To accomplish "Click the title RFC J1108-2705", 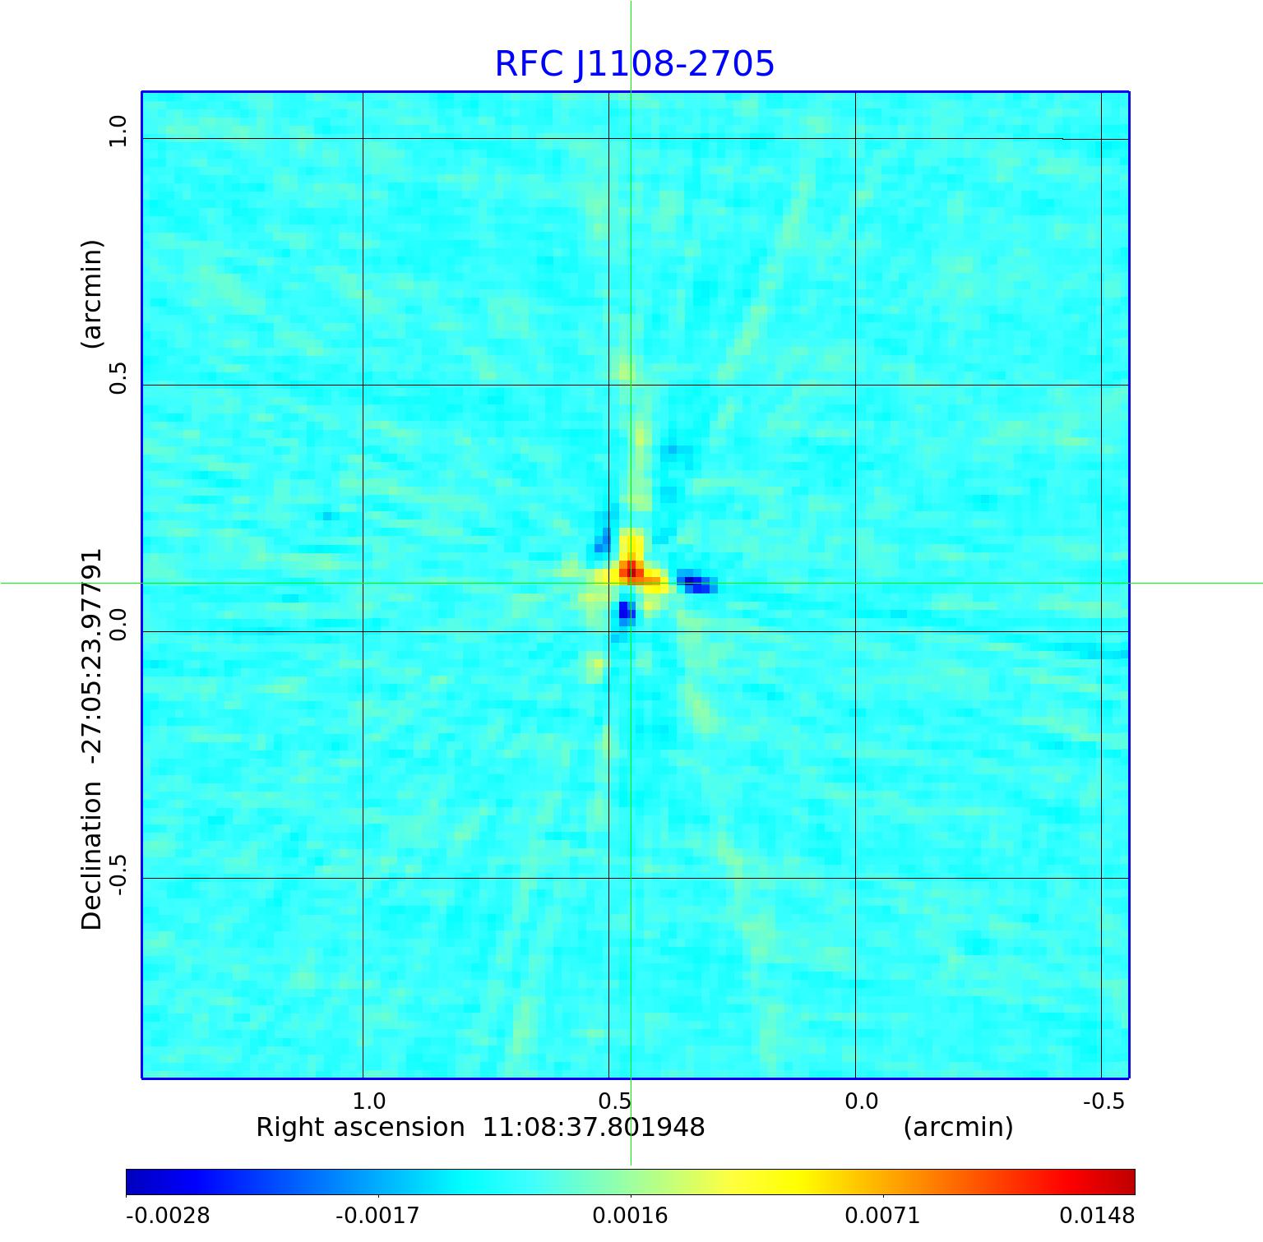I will (x=634, y=64).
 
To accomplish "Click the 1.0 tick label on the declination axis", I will (x=118, y=132).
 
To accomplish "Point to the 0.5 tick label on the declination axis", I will (x=118, y=377).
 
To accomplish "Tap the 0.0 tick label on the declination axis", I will (x=118, y=625).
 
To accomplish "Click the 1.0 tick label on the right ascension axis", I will (x=368, y=1101).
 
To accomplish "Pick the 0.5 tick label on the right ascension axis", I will (x=614, y=1101).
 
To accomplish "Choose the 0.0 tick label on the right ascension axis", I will (x=861, y=1101).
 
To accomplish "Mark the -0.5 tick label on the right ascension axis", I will (x=1103, y=1101).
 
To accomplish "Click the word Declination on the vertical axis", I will (x=92, y=856).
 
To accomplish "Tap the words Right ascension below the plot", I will (x=360, y=1127).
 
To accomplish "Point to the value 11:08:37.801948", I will (x=593, y=1127).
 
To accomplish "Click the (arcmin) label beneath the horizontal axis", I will (x=958, y=1127).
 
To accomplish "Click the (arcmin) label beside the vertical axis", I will (x=92, y=293).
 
